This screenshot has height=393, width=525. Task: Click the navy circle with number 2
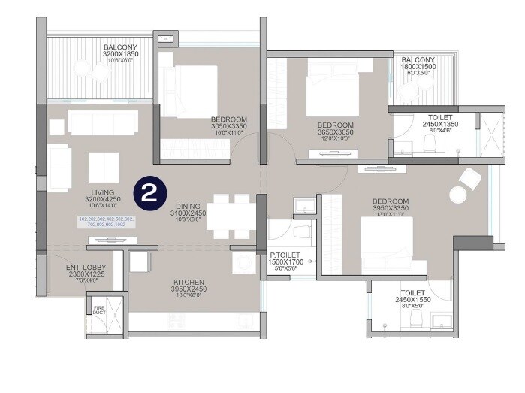pyautogui.click(x=149, y=194)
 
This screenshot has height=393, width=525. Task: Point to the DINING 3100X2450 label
pyautogui.click(x=188, y=213)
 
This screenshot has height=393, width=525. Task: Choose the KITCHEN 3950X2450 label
pyautogui.click(x=188, y=286)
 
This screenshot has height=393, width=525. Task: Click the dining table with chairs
pyautogui.click(x=231, y=216)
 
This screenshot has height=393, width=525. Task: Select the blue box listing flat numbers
pyautogui.click(x=105, y=222)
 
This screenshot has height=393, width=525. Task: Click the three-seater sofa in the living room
pyautogui.click(x=103, y=122)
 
